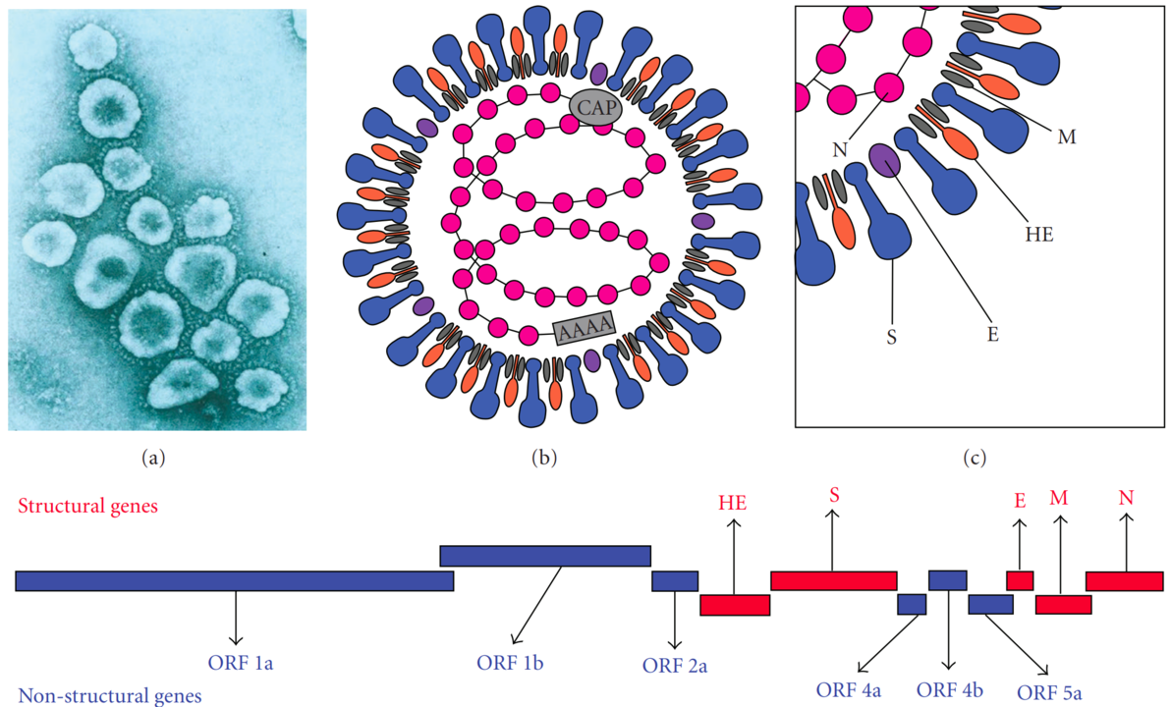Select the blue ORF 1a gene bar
pos(234,580)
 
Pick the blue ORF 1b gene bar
pos(545,556)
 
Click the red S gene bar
pos(833,580)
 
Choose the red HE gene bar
pos(734,605)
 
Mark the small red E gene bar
pos(1020,580)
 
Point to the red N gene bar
pos(1124,580)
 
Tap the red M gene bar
pos(1063,605)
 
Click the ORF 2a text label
pos(675,666)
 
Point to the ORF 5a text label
pos(1049,693)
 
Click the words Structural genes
pos(89,507)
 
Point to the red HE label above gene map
pos(733,503)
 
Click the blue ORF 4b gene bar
pos(948,580)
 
